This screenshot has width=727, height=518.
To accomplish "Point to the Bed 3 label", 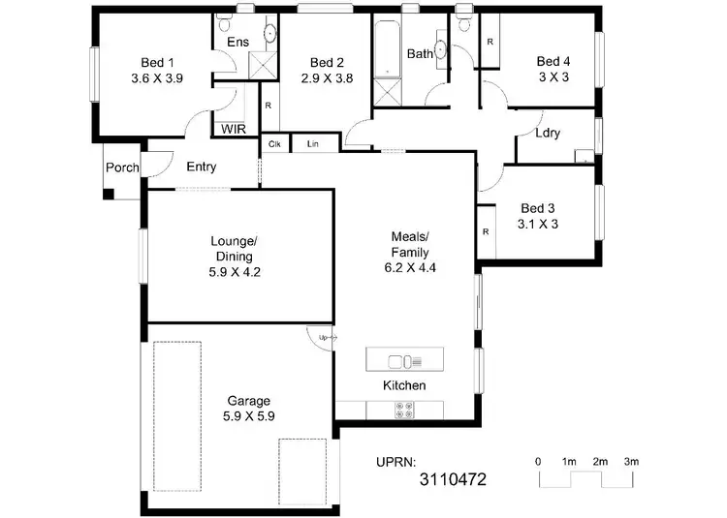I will pos(538,207).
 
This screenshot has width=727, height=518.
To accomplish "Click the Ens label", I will pos(237,43).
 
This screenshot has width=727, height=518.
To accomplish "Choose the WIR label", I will pos(233,129).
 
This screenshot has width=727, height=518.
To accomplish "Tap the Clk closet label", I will pos(274,143).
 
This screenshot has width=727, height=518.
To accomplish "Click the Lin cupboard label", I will pos(313,143).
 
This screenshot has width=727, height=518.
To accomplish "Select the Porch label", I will pos(123,168).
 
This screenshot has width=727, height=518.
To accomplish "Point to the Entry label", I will pos(201,167).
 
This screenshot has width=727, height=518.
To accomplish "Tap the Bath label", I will pos(420,54).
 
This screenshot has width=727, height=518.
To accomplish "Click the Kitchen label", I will pos(404,385).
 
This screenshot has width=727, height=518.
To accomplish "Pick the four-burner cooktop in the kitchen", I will pos(403,411).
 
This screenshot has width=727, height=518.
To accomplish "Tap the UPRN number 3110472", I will pos(452,478).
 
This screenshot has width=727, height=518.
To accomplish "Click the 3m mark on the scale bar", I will pos(631,461).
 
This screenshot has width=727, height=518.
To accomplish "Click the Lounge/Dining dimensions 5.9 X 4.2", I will pos(235,272).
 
